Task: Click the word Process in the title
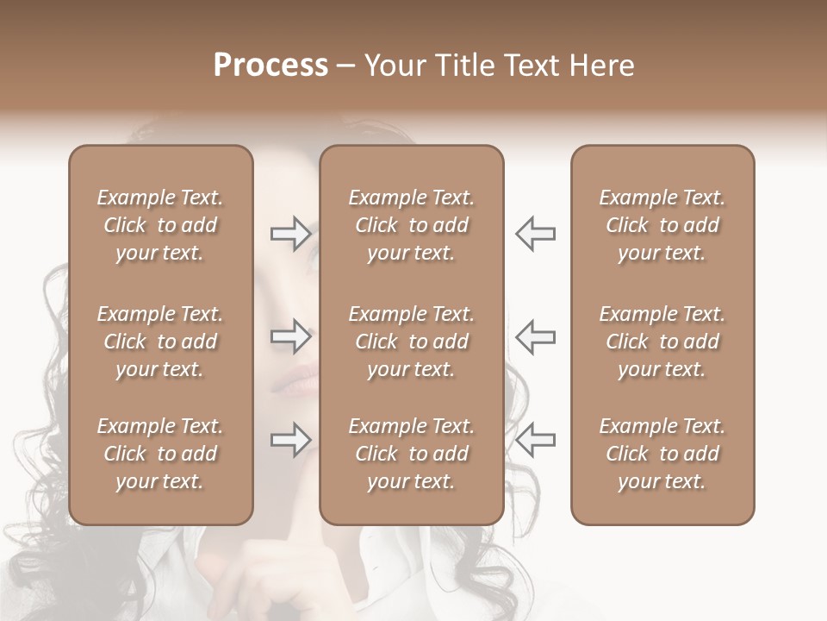pos(270,66)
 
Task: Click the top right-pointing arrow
pos(291,234)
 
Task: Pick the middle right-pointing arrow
pos(291,336)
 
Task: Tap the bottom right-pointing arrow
pos(291,440)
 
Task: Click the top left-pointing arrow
pos(535,234)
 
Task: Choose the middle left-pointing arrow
pos(535,336)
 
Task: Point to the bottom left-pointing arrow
pos(535,440)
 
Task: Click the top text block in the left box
pos(160,225)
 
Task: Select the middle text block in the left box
pos(160,342)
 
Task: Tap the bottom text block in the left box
pos(160,454)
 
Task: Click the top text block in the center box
pos(411,225)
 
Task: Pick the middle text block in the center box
pos(411,342)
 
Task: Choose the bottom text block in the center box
pos(411,454)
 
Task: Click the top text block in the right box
pos(662,225)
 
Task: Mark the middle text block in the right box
pos(662,342)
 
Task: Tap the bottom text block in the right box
pos(662,454)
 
